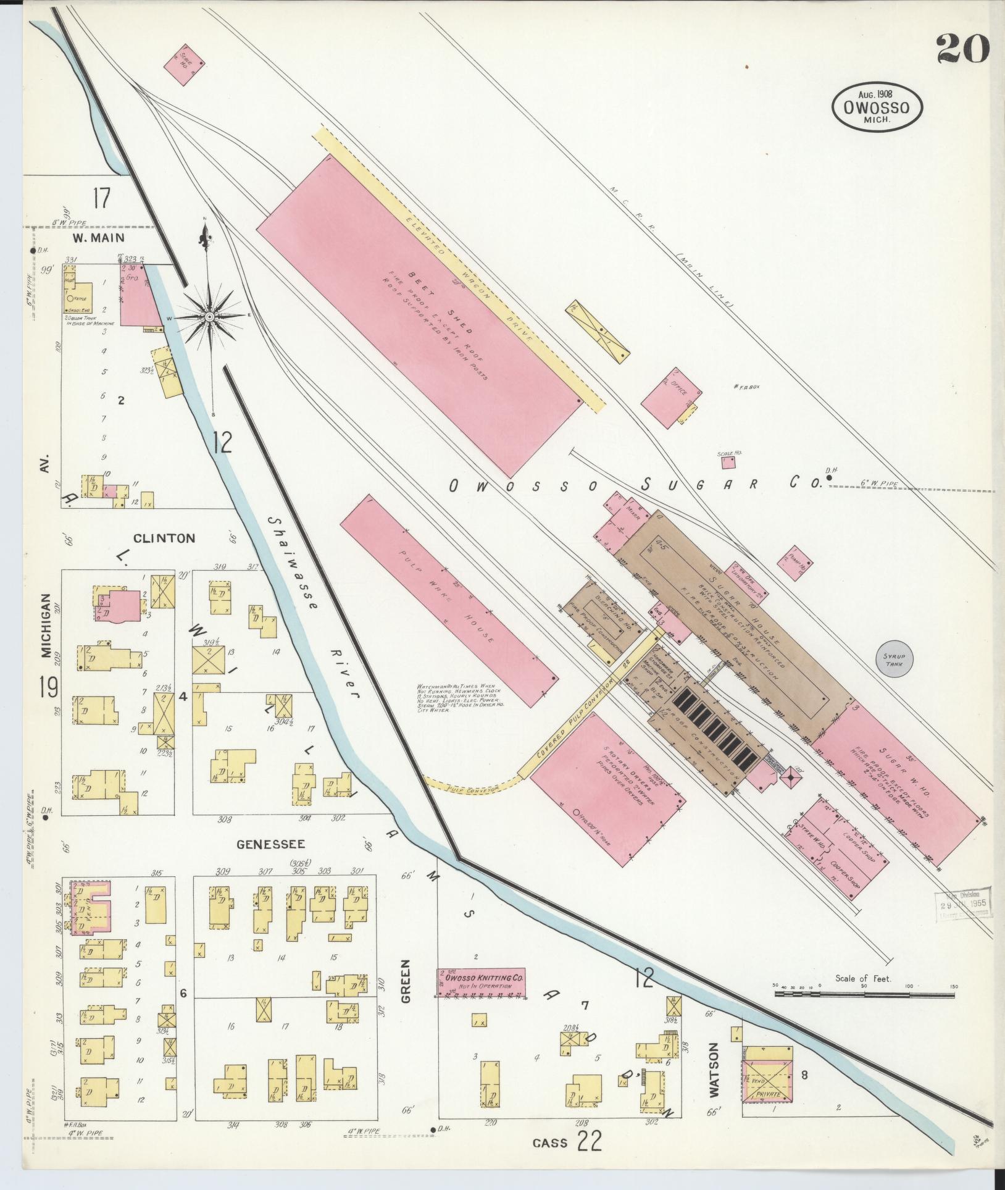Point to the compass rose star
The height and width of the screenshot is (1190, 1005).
coord(209,317)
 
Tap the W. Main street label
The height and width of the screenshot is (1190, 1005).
coord(98,237)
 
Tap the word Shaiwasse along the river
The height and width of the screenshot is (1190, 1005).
coord(293,559)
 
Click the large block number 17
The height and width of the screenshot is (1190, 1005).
coord(101,199)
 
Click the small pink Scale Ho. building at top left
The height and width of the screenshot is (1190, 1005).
coord(185,65)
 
